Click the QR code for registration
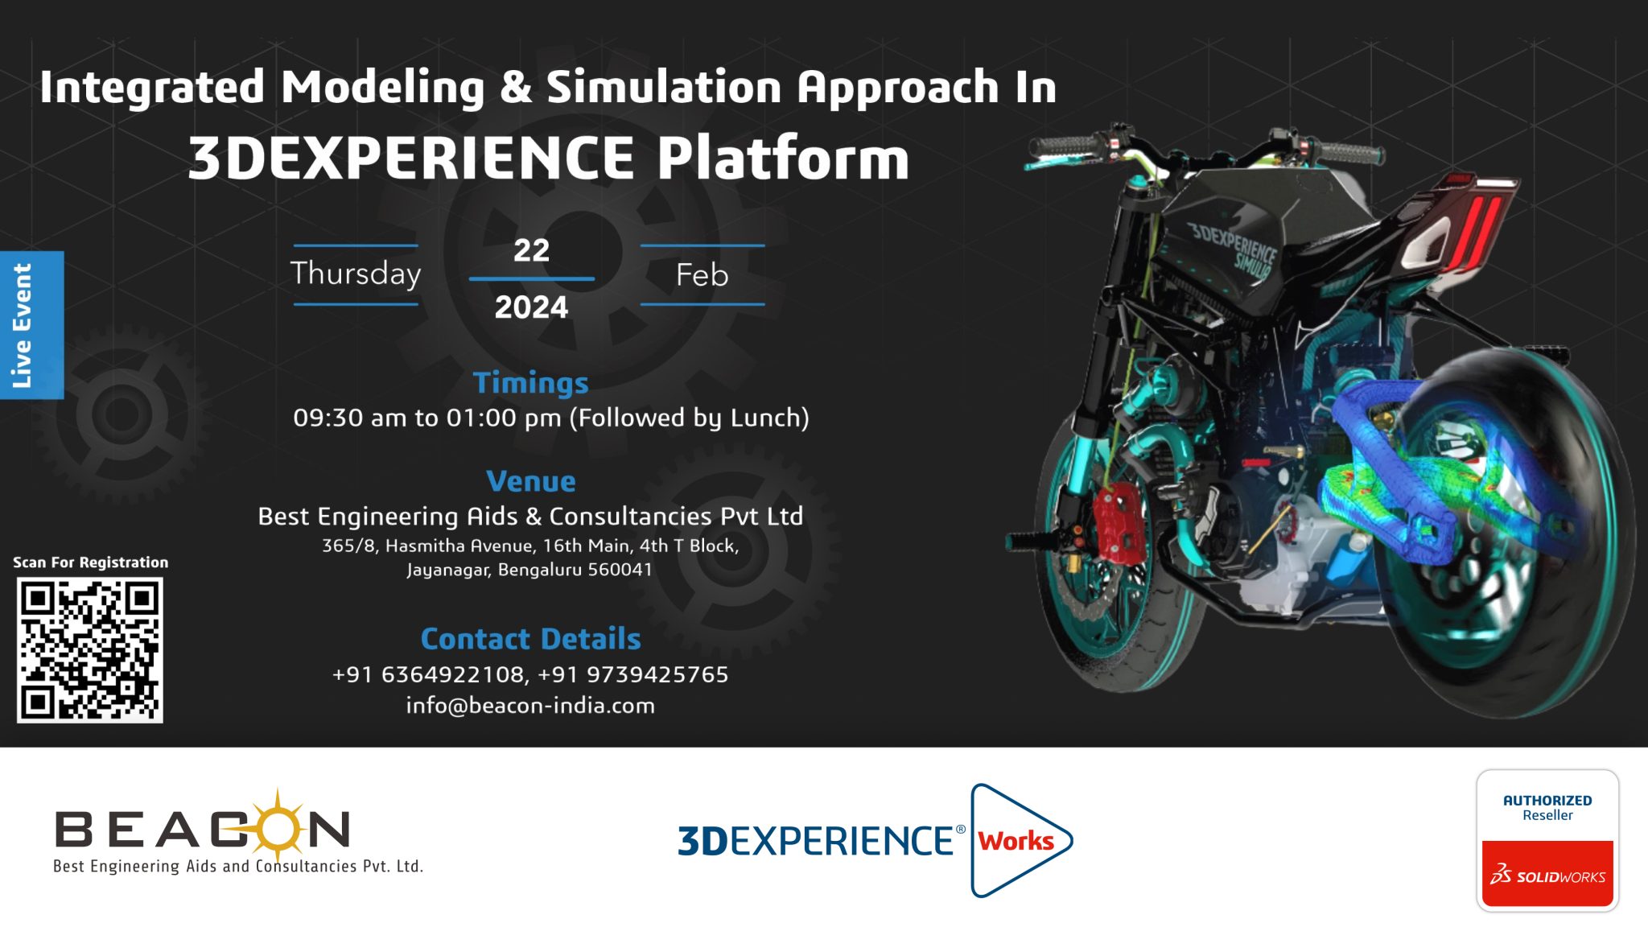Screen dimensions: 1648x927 pos(89,649)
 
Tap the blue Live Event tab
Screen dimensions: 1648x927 pos(31,325)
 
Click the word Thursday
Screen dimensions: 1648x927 pos(356,274)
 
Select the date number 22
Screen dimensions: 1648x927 pos(531,250)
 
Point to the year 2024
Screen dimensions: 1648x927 pos(531,307)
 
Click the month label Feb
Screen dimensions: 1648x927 pos(702,275)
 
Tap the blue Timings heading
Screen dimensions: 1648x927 pos(530,383)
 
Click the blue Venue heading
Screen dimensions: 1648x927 pos(531,481)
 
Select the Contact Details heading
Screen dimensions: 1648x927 pos(530,639)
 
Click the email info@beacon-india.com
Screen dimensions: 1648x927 pos(530,706)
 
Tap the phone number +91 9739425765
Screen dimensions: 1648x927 pos(633,674)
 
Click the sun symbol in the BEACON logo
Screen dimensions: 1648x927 pos(277,825)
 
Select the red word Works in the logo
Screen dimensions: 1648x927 pos(1016,841)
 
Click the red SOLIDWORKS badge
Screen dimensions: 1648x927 pos(1547,874)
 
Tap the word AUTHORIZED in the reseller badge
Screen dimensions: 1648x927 pos(1547,801)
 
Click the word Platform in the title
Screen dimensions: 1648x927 pos(783,158)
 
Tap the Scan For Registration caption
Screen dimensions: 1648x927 pos(91,562)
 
